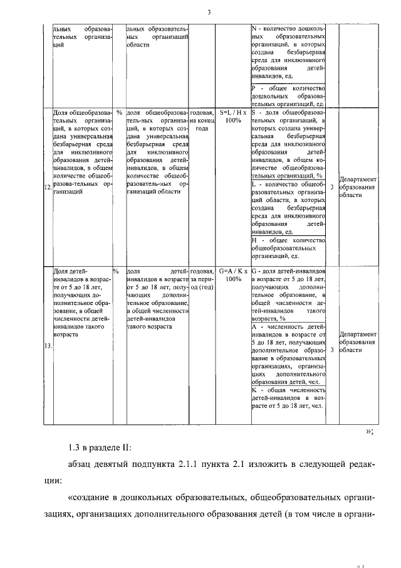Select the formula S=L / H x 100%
[233, 116]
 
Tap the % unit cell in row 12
[118, 112]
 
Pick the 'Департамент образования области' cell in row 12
[358, 187]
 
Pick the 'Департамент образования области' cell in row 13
[358, 343]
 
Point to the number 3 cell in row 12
[331, 187]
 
